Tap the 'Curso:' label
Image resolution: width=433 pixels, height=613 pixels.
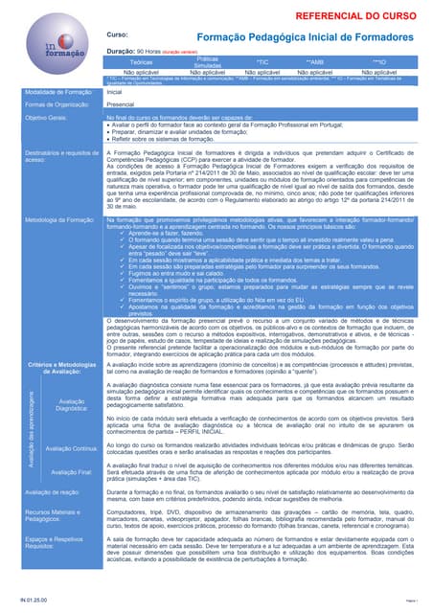(118, 34)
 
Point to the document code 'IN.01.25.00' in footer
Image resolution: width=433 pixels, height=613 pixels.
(33, 601)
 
